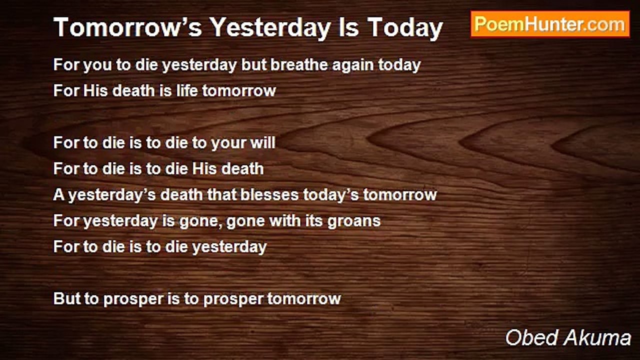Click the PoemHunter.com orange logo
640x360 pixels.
pos(550,24)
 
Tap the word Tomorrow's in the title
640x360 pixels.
pos(127,27)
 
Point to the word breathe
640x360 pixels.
pos(299,64)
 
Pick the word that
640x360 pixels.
pos(221,194)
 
